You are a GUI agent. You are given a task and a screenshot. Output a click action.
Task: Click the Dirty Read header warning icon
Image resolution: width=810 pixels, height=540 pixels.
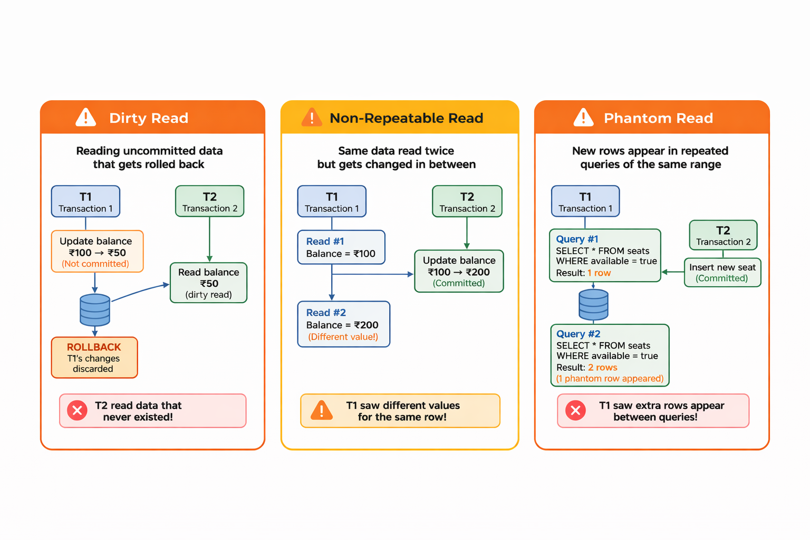86,117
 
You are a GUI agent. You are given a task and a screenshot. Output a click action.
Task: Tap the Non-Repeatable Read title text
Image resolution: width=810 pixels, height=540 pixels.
406,118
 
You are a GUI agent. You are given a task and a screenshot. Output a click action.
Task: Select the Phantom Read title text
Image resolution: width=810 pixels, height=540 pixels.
658,118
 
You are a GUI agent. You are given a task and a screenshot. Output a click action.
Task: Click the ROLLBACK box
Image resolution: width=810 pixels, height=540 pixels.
94,358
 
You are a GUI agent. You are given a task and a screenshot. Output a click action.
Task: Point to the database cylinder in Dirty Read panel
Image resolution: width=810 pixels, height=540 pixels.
95,310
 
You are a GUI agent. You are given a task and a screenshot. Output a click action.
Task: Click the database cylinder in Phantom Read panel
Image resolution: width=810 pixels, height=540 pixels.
593,305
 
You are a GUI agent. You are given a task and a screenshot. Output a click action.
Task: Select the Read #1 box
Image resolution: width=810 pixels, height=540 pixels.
341,247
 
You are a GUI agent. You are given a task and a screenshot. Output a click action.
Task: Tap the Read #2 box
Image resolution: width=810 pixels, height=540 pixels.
343,324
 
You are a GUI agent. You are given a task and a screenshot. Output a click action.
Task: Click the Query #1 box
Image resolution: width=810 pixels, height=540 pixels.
605,256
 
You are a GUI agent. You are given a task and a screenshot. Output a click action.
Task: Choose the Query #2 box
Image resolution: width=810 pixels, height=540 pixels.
610,356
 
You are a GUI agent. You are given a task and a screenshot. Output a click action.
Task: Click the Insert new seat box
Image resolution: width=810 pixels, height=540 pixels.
722,273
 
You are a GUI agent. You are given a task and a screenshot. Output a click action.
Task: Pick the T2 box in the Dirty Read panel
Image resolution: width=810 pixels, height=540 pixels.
210,201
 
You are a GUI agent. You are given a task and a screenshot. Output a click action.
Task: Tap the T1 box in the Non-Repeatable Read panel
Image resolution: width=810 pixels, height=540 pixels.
332,201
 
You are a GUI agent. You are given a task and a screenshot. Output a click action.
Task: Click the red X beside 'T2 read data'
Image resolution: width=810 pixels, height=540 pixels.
77,410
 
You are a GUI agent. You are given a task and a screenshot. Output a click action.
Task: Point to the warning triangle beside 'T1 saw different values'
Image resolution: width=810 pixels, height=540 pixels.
322,410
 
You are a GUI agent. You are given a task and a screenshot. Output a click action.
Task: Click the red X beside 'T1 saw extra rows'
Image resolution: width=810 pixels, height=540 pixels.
575,410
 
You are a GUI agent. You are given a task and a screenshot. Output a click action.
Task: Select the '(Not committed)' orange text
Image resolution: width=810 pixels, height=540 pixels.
95,264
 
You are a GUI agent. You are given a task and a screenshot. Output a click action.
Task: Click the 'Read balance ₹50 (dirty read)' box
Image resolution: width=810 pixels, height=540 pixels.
209,283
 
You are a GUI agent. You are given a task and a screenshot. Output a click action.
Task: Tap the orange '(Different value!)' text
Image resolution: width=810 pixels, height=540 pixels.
343,337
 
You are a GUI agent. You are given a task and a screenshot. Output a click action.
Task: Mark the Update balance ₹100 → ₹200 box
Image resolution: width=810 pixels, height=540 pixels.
459,272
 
